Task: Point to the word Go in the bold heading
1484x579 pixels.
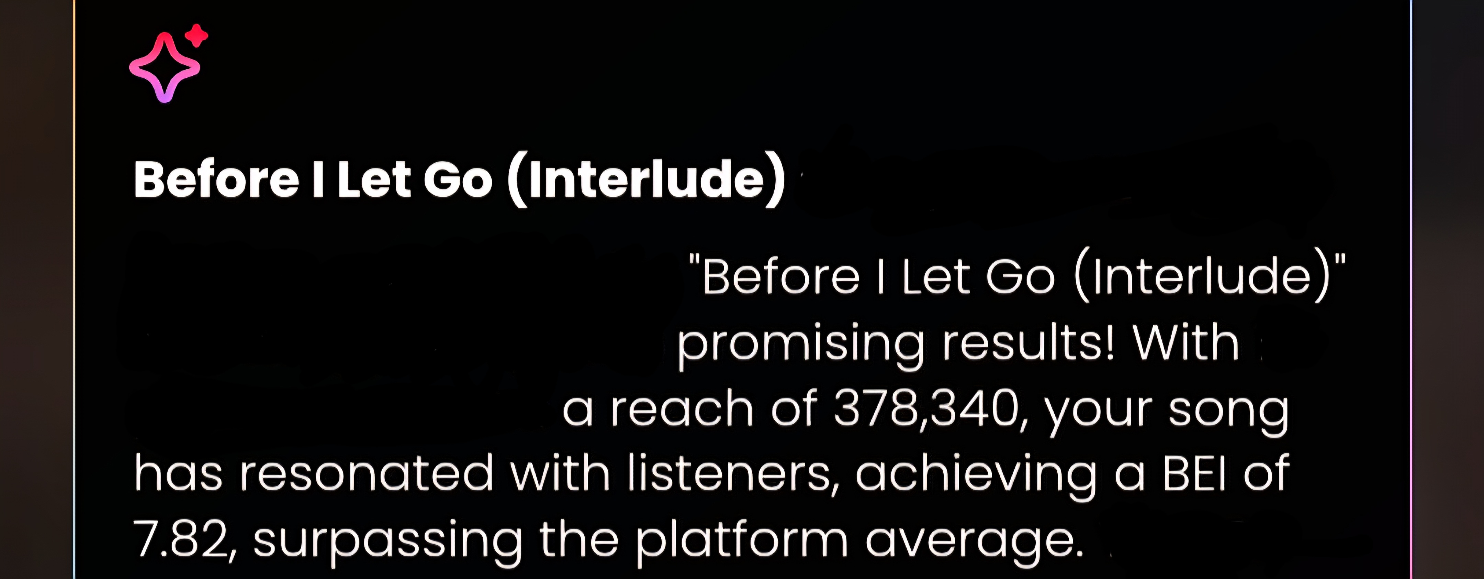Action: click(x=458, y=179)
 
